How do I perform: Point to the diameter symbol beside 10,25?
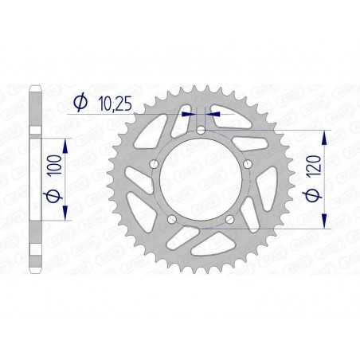point(80,102)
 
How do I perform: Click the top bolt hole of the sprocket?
point(200,130)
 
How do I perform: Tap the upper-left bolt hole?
point(154,163)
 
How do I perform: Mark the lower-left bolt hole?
point(171,217)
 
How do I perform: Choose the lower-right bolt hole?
point(229,217)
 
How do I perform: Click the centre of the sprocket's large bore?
point(200,179)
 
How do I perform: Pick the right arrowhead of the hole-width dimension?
point(213,114)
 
